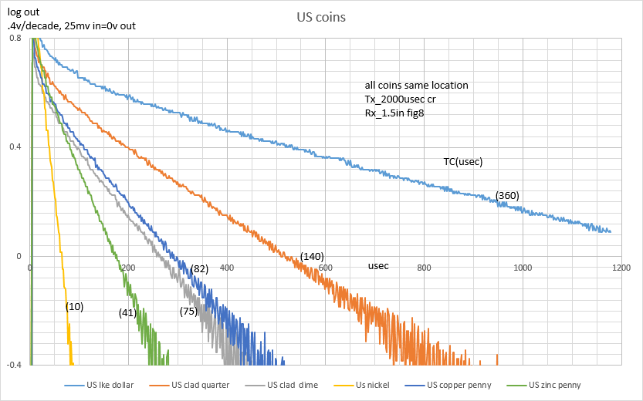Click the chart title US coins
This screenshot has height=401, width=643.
320,16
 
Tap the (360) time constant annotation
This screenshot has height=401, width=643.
507,196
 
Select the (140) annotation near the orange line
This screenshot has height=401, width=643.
312,256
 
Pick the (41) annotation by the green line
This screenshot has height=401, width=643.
128,312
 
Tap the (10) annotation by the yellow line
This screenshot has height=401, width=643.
75,306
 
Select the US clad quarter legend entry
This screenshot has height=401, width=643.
200,385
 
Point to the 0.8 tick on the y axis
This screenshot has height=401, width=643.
15,38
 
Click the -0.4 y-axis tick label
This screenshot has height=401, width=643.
13,366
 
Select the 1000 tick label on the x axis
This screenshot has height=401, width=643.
523,268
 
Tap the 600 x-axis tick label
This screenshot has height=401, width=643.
326,268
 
